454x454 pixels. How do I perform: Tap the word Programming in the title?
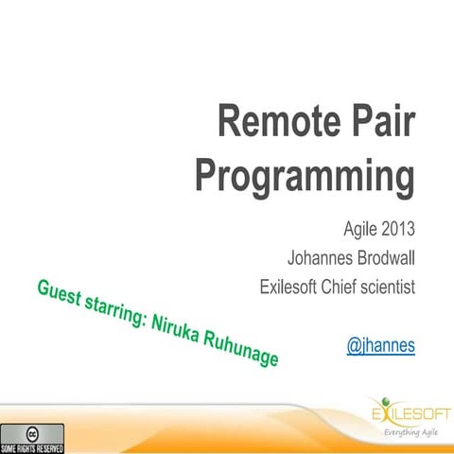306,176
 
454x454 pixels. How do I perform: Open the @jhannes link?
381,346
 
